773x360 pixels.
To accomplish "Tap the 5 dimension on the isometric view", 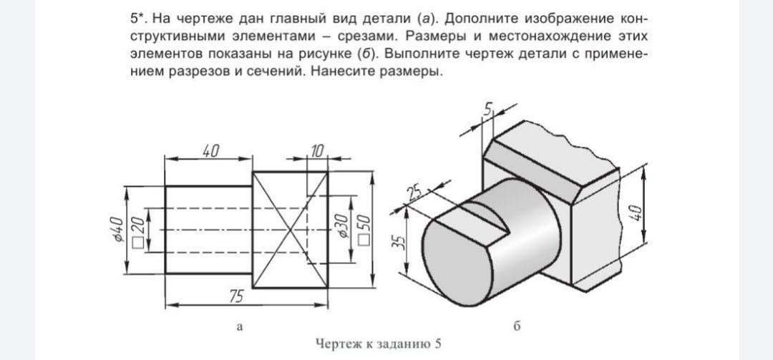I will click(489, 110).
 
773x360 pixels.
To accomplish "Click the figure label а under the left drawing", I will click(240, 327).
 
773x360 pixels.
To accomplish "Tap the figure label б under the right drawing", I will click(517, 327).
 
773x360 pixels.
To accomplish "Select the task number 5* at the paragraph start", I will click(138, 17).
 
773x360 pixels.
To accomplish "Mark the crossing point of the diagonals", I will click(291, 230).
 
